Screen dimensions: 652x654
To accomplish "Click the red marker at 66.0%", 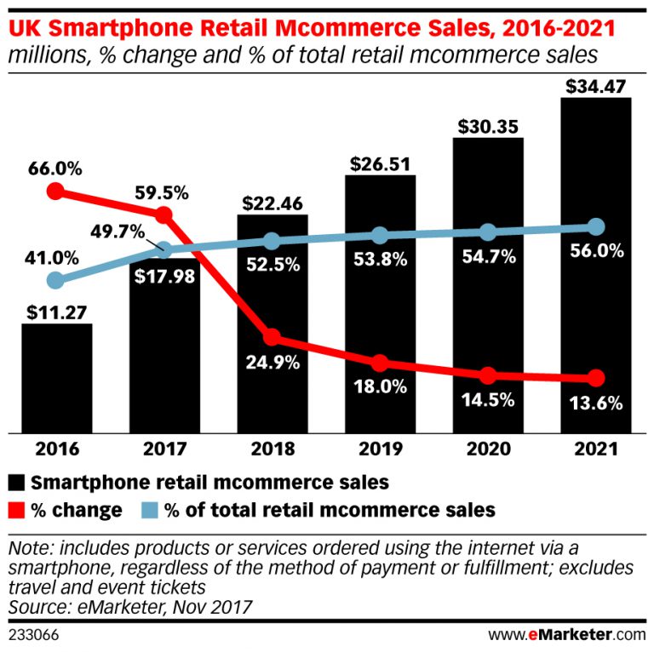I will (56, 192).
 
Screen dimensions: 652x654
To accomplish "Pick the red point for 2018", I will (272, 339).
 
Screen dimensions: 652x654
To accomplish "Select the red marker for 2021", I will (595, 378).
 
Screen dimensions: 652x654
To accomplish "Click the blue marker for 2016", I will (56, 280).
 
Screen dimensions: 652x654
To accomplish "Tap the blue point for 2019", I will (380, 236).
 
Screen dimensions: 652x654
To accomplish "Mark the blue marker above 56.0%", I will (595, 227).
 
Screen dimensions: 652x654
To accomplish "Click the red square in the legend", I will (18, 511).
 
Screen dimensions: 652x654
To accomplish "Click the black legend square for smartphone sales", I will (18, 483).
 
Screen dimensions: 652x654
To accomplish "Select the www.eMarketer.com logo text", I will (566, 635).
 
